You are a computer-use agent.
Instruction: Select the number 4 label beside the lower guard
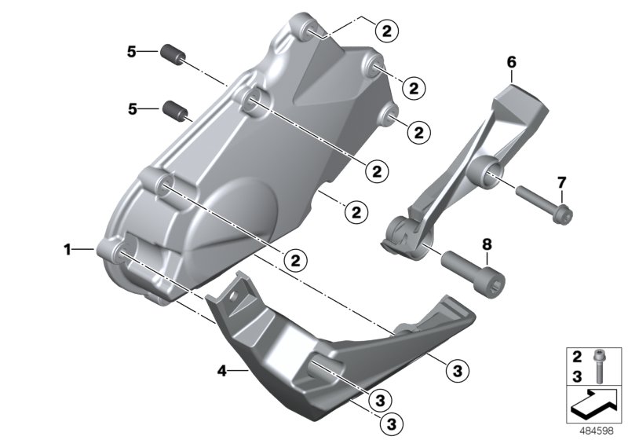click(x=222, y=370)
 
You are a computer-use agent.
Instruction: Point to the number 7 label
click(x=561, y=183)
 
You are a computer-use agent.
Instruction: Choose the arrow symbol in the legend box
click(x=594, y=405)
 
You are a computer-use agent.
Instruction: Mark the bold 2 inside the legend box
click(x=576, y=356)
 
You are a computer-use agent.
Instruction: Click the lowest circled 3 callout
click(x=389, y=423)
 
